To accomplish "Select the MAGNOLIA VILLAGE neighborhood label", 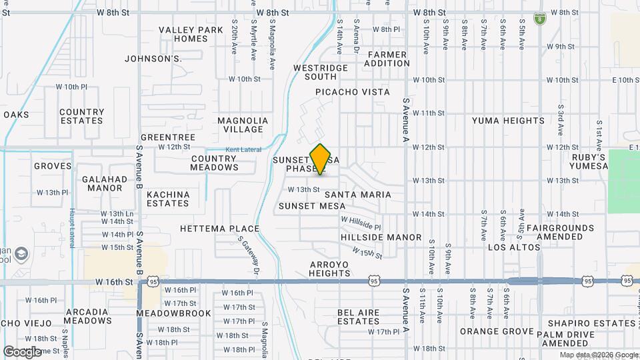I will point(243,125).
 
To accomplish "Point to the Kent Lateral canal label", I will point(241,149).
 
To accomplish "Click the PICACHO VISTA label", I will point(353,92).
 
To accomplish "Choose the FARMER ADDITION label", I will point(387,59).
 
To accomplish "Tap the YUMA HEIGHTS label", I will point(508,121).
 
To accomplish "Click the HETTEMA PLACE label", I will point(219,229).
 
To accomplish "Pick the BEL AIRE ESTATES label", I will point(358,317).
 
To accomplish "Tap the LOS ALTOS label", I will point(514,247).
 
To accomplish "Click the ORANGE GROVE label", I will point(497,331).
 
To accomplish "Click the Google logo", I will point(22,351).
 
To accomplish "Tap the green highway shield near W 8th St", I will point(539,19).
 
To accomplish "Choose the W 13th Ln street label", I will point(117,213).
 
